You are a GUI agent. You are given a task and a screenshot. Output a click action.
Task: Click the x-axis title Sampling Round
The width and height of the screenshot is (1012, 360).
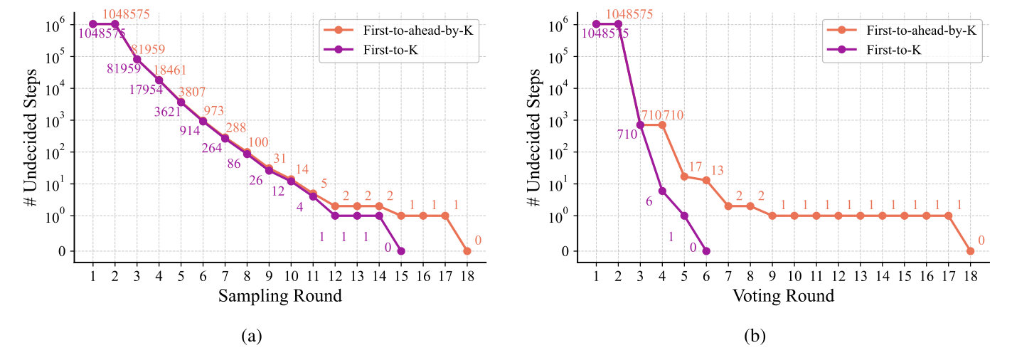coord(279,296)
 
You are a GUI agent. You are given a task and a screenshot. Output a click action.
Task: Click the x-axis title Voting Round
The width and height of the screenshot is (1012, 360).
coord(784,296)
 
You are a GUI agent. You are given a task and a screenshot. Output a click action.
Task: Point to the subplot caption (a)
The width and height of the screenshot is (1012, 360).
coord(250,337)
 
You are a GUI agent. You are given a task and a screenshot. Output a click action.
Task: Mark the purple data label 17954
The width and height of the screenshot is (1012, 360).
coord(145,90)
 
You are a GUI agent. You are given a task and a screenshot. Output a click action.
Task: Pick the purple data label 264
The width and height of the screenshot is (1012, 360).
coord(212,148)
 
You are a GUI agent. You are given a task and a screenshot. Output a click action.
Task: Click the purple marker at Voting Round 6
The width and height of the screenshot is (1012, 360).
coord(705,250)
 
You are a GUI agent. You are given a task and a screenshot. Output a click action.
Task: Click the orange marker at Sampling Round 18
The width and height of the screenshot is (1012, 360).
coord(467,250)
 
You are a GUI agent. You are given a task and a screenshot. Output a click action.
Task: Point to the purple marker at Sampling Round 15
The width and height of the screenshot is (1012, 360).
coord(401,250)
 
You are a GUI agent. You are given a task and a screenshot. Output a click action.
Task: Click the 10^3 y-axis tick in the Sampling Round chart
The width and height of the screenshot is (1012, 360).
coord(60,120)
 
